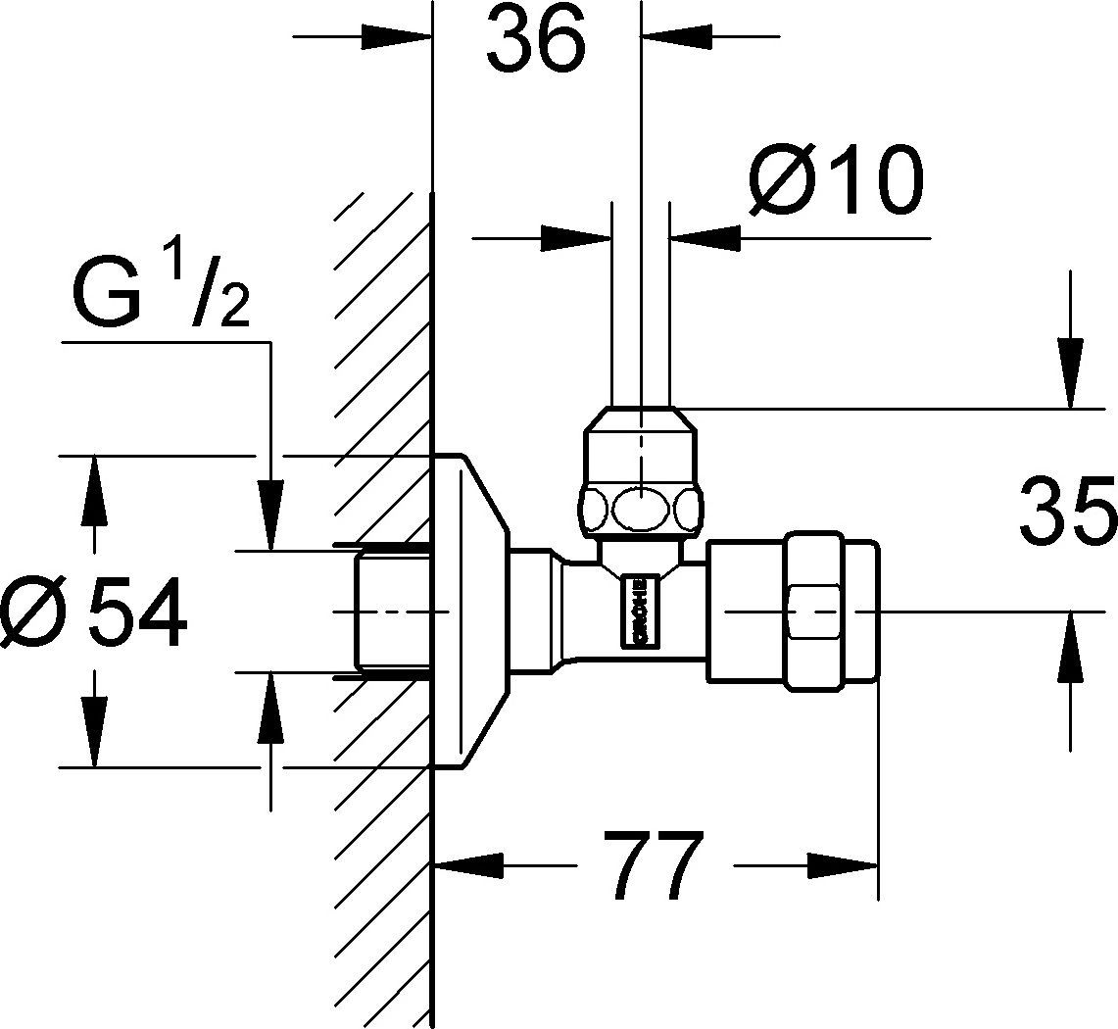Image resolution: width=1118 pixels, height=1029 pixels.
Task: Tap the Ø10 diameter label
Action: (x=836, y=182)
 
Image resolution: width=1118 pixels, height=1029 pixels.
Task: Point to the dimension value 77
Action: (x=654, y=866)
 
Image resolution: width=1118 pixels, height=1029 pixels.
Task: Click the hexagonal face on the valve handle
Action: (x=814, y=612)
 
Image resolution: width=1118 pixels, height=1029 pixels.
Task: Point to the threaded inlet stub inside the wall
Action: (x=392, y=611)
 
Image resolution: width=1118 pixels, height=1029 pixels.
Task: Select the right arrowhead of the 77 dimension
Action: (x=842, y=866)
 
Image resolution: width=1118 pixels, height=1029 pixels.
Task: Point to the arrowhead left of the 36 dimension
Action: (x=397, y=37)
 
